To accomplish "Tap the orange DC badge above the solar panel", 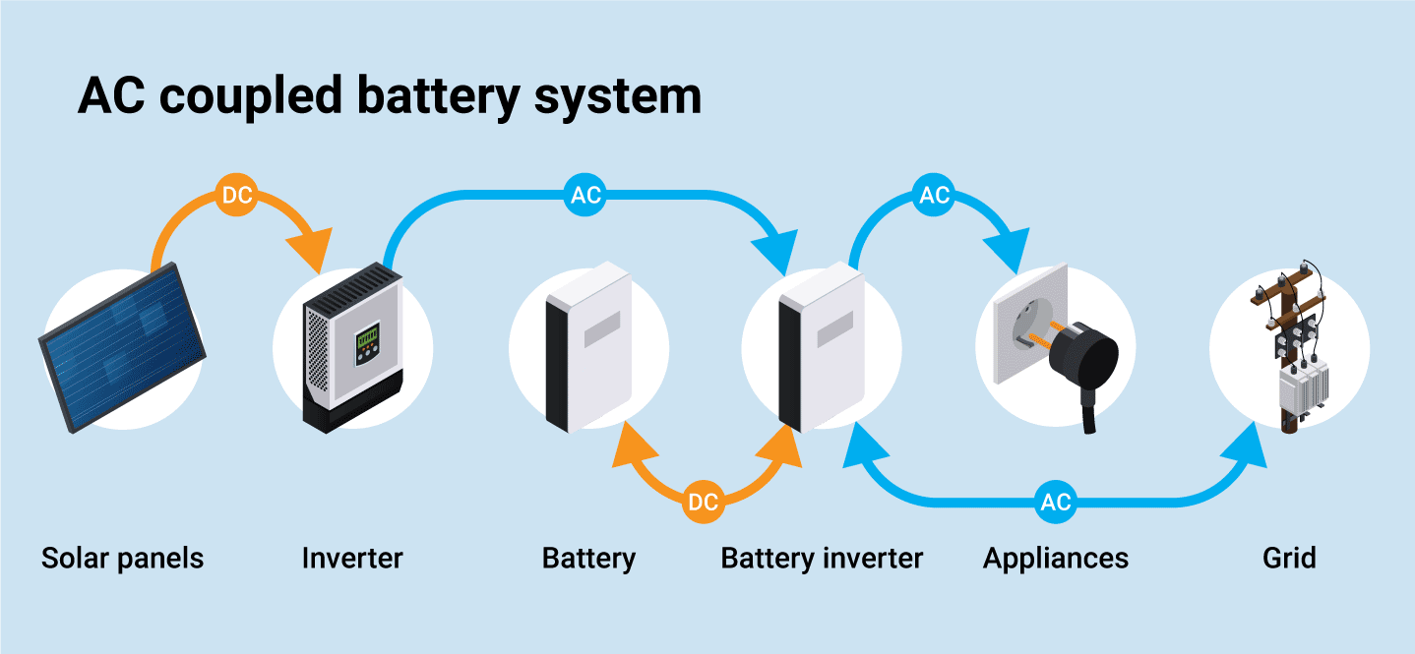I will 237,196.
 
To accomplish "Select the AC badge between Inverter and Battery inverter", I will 585,195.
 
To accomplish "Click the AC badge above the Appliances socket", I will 933,195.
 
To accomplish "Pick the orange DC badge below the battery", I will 703,503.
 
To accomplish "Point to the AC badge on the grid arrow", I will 1056,503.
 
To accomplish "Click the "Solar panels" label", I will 122,559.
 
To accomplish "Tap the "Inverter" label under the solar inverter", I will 352,559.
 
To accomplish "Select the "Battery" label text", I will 588,559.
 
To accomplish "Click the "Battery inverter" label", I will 822,559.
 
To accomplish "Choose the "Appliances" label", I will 1056,559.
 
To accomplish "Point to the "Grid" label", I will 1289,559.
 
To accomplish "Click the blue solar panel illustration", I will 122,346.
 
